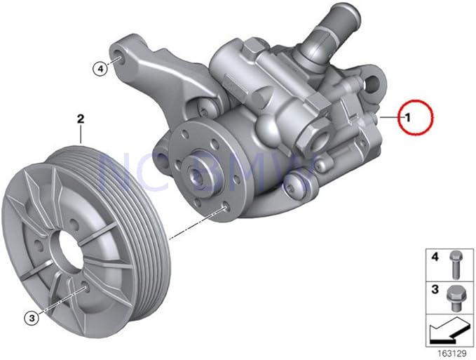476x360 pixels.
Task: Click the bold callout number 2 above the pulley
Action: [x=81, y=120]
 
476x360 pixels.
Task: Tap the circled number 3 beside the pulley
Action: [x=32, y=319]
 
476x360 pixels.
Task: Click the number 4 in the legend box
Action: [x=434, y=259]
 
